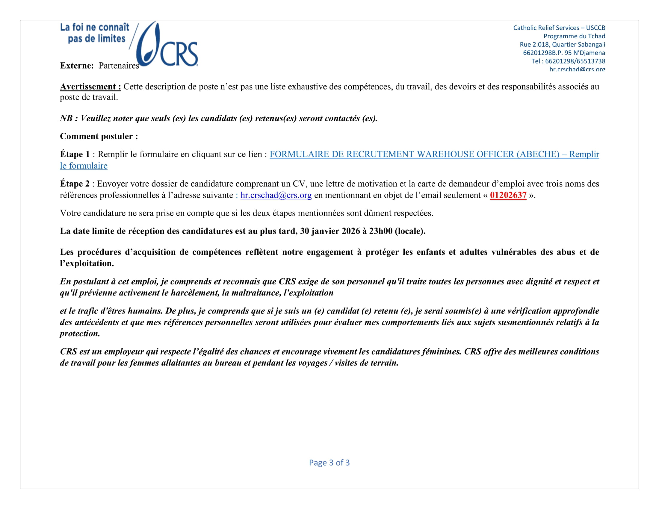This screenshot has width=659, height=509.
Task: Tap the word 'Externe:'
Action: pos(77,66)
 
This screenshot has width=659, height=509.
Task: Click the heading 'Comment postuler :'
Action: pos(99,136)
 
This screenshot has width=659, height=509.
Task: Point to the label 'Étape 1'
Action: pos(75,154)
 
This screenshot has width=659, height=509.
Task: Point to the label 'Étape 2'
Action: pos(75,184)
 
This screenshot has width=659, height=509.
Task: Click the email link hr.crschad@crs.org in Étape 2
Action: pos(276,195)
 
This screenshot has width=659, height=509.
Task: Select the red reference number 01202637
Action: pos(508,195)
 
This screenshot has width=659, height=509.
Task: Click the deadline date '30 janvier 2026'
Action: pos(330,231)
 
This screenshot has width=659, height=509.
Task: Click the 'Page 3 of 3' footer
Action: pos(329,463)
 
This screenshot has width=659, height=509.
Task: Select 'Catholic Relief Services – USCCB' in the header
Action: pos(559,28)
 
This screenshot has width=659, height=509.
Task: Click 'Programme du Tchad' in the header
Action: pos(574,36)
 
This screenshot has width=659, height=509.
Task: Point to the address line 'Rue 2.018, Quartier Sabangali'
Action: pos(562,45)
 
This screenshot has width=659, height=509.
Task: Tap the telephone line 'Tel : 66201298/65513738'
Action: pos(568,61)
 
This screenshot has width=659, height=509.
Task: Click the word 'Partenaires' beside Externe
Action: pos(119,66)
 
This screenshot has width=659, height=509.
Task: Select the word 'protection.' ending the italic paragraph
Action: pos(80,334)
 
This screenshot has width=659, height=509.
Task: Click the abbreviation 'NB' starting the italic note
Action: pos(66,118)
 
